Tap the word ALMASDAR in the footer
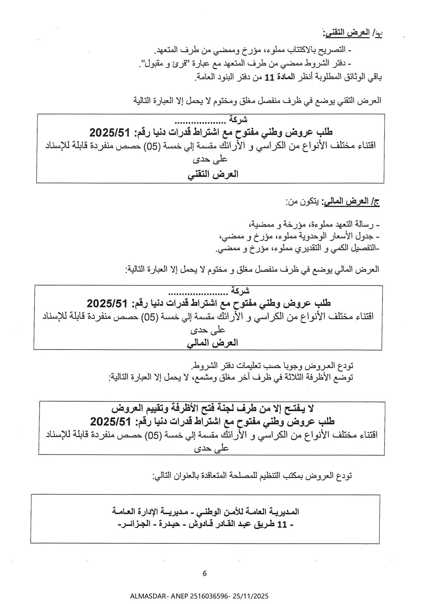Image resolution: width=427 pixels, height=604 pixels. tap(145, 596)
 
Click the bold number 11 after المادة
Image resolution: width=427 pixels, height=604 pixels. tap(269, 77)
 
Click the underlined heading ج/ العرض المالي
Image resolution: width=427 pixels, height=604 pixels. tap(351, 202)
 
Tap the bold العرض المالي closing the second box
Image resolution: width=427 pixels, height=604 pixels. tap(212, 343)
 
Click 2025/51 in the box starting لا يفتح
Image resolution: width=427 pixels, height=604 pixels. tap(111, 421)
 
